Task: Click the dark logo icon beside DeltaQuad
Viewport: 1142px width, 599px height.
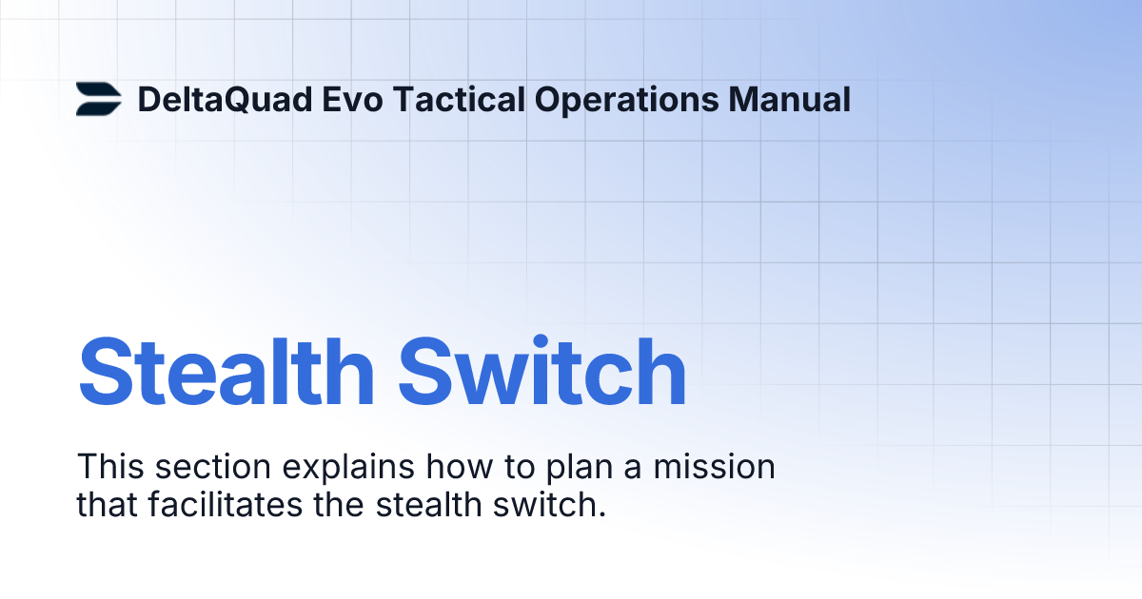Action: pyautogui.click(x=98, y=100)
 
